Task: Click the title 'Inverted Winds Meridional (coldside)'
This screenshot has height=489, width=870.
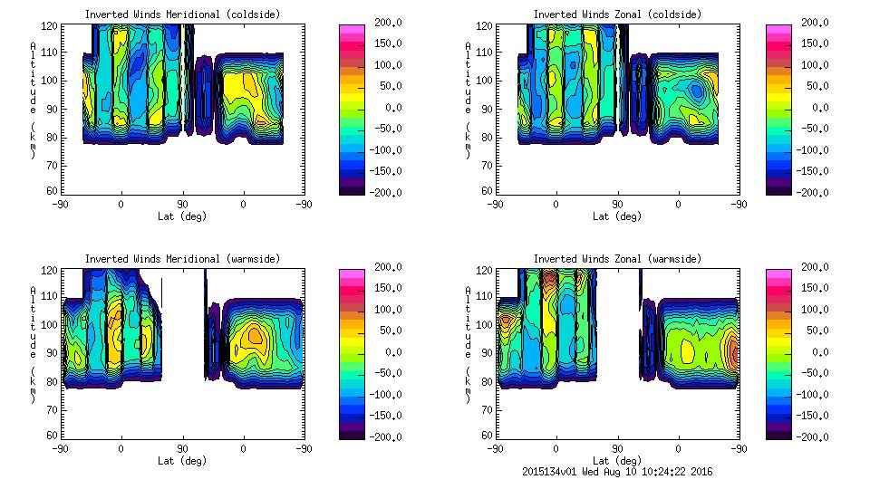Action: coord(182,14)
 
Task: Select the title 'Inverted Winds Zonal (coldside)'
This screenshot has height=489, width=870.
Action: coord(617,14)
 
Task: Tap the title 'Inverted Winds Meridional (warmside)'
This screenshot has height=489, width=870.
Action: coord(182,259)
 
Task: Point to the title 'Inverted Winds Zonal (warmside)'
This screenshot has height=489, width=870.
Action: coord(617,259)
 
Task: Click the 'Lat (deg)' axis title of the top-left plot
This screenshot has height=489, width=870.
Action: coord(182,216)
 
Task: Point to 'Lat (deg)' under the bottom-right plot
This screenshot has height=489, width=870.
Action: coord(617,460)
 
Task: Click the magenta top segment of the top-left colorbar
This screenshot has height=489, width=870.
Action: coord(351,30)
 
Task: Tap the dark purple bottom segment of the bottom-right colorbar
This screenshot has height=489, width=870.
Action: coord(778,432)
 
